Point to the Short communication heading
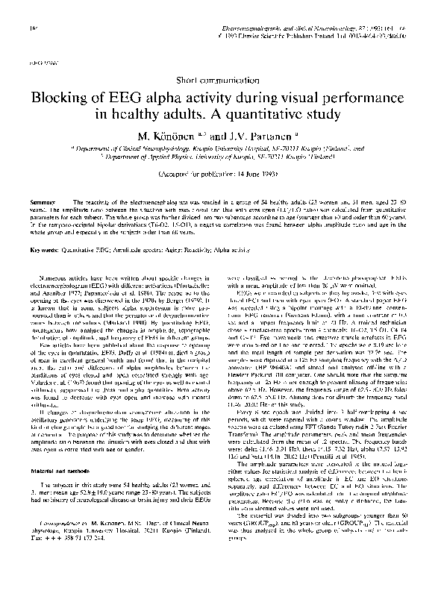220,78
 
